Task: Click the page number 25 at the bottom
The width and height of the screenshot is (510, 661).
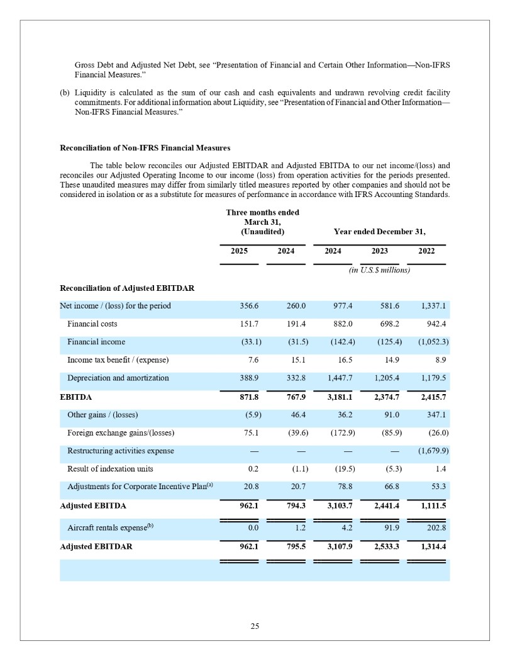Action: pyautogui.click(x=255, y=626)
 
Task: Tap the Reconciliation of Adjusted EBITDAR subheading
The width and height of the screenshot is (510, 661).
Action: pyautogui.click(x=126, y=288)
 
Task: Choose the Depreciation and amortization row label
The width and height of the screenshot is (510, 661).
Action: pyautogui.click(x=118, y=378)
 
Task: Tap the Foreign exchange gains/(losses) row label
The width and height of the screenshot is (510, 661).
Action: pyautogui.click(x=121, y=432)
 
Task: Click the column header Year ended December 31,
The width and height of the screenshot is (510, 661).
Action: pyautogui.click(x=379, y=232)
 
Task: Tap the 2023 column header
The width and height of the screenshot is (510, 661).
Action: pyautogui.click(x=379, y=251)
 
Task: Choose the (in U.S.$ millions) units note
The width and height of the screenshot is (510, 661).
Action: pyautogui.click(x=379, y=270)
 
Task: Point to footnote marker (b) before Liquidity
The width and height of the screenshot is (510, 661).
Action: pyautogui.click(x=65, y=93)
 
